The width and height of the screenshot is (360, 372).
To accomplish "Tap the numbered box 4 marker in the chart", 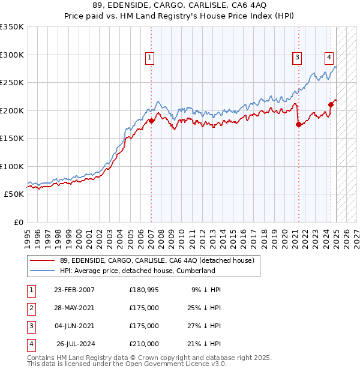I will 329,58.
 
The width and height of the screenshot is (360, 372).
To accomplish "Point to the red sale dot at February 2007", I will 151,121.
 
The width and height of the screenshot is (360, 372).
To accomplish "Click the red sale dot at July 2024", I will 331,104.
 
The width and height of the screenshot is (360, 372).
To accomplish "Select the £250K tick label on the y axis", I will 11,83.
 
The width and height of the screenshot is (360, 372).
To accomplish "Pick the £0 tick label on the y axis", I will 19,222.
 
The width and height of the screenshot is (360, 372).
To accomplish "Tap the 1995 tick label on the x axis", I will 28,233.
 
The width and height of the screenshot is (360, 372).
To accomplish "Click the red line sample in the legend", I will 43,260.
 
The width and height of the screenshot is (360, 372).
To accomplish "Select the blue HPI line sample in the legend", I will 43,271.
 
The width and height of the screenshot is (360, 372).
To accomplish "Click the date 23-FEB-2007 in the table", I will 74,290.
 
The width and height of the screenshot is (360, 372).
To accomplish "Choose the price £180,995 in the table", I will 144,290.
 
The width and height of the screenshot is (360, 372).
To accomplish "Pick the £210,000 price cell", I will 144,344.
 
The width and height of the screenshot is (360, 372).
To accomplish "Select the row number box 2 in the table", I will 31,308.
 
